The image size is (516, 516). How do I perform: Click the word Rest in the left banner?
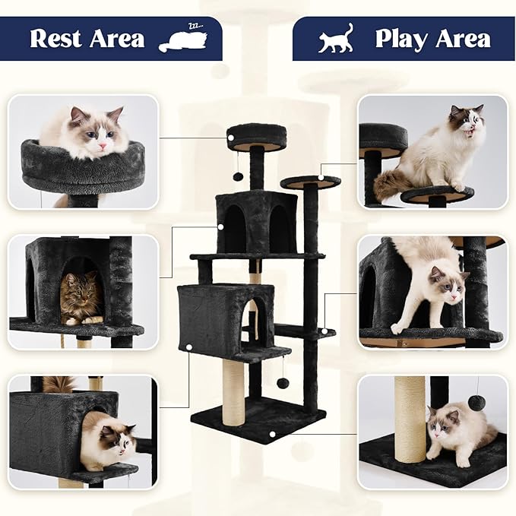point(57,38)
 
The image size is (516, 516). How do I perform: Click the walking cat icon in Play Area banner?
point(337,39)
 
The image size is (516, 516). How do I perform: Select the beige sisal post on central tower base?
point(233,391)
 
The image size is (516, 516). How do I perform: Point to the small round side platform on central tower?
point(310,182)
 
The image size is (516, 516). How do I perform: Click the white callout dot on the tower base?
point(272,435)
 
